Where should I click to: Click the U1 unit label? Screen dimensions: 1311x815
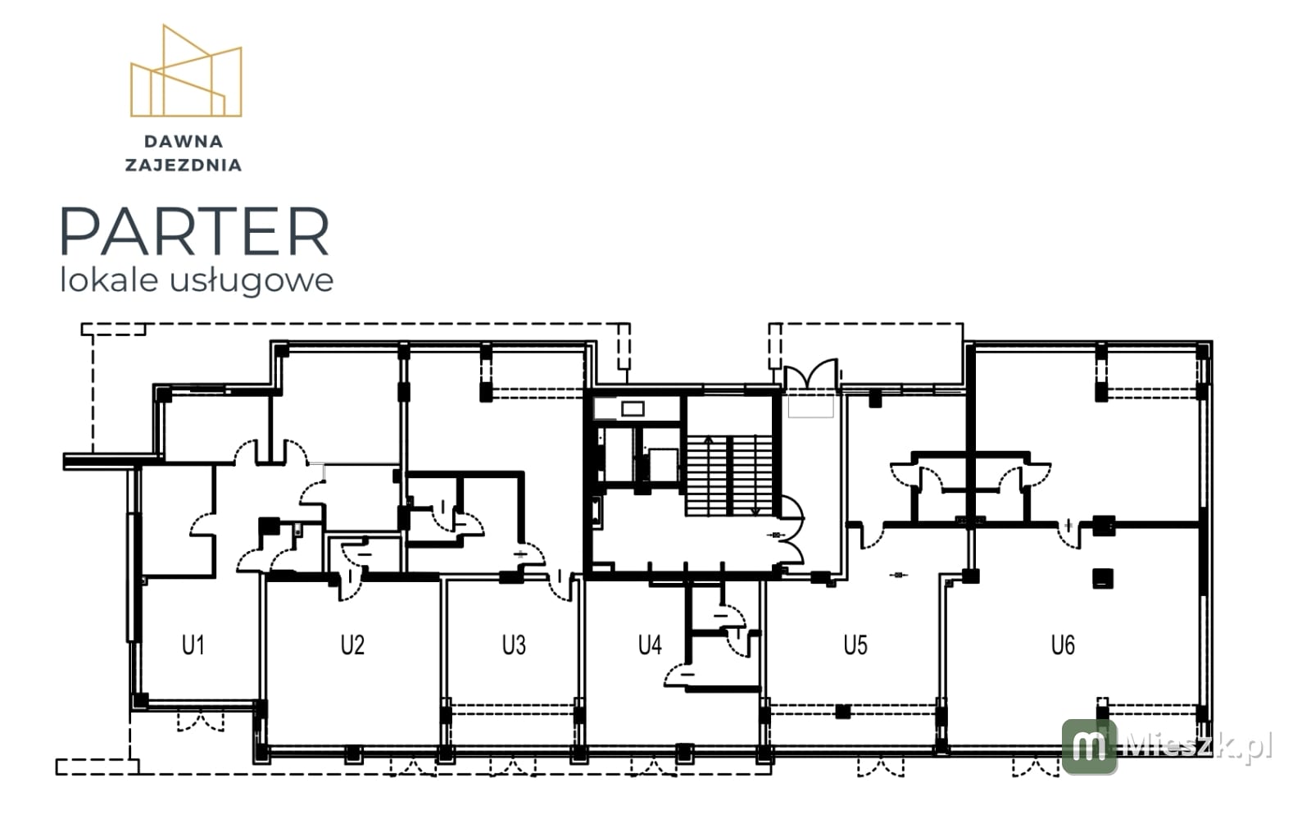pos(193,645)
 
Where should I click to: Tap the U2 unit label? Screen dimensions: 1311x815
pos(353,645)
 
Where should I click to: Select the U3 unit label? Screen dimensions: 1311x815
pos(514,645)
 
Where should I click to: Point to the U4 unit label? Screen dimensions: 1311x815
pos(650,645)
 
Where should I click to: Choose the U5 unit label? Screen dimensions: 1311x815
pos(855,645)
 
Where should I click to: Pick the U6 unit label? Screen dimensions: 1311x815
pos(1063,645)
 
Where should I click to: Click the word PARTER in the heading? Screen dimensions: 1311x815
pos(195,231)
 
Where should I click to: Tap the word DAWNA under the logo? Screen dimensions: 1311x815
pos(184,142)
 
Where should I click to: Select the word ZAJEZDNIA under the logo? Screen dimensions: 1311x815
pos(184,165)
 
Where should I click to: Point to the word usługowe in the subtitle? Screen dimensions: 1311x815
pos(252,280)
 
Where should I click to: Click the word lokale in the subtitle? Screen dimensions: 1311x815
pos(110,280)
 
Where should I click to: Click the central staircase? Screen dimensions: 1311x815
pos(729,476)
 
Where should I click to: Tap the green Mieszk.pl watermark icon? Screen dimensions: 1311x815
pos(1090,746)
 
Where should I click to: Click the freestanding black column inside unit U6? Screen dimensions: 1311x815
pos(1103,579)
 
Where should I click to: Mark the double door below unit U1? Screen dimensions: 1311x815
pos(201,722)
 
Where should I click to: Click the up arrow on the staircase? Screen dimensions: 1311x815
pos(708,476)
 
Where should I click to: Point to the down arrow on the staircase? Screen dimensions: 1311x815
pos(755,476)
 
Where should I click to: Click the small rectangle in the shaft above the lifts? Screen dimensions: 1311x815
pos(633,408)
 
